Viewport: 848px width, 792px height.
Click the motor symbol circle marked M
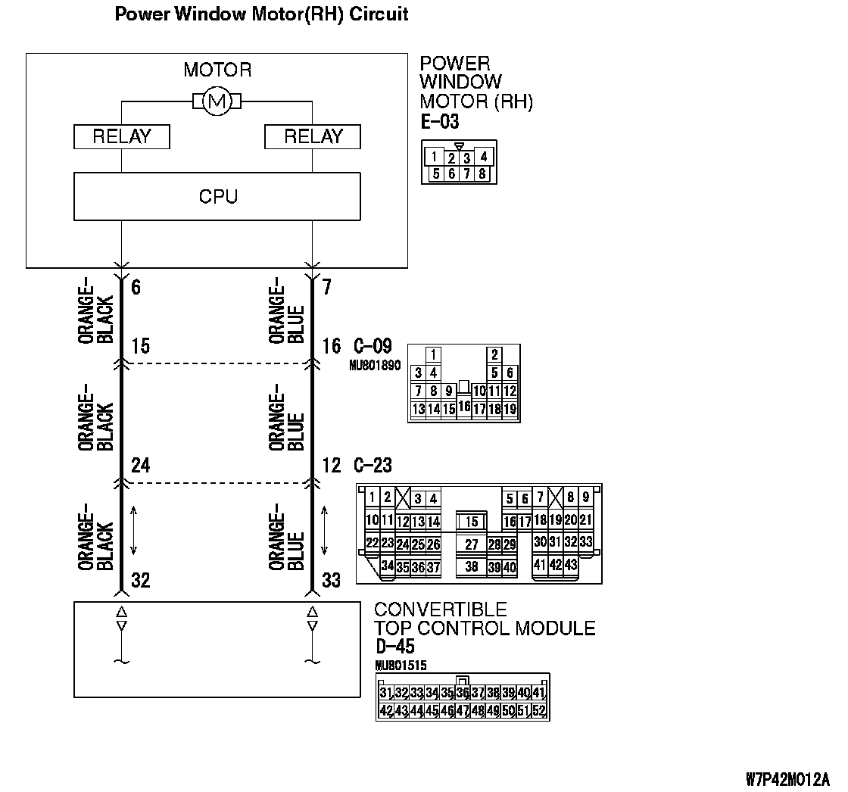coord(217,101)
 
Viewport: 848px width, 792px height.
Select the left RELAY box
coord(122,137)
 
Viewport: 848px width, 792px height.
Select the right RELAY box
coord(313,137)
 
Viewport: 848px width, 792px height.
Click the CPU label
coord(218,197)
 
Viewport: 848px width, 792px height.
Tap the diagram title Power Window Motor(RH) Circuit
coord(262,14)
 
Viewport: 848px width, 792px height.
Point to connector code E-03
coord(440,122)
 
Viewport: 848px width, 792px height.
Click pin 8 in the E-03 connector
coord(483,174)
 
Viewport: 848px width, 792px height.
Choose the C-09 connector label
coord(373,347)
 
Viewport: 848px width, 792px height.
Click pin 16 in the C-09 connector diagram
coord(464,407)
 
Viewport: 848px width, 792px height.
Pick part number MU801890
coord(375,365)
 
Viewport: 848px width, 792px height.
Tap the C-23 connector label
coord(373,466)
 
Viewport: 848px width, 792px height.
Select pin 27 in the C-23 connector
coord(472,544)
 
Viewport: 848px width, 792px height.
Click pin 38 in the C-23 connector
coord(472,566)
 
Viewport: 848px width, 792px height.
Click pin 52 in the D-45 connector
coord(539,711)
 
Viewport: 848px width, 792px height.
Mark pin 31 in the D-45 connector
coord(385,693)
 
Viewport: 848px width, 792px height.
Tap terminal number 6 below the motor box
coord(136,288)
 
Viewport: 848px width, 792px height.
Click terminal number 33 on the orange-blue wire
coord(332,581)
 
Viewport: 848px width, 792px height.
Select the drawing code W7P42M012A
coord(787,779)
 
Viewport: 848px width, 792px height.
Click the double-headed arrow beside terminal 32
coord(135,530)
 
